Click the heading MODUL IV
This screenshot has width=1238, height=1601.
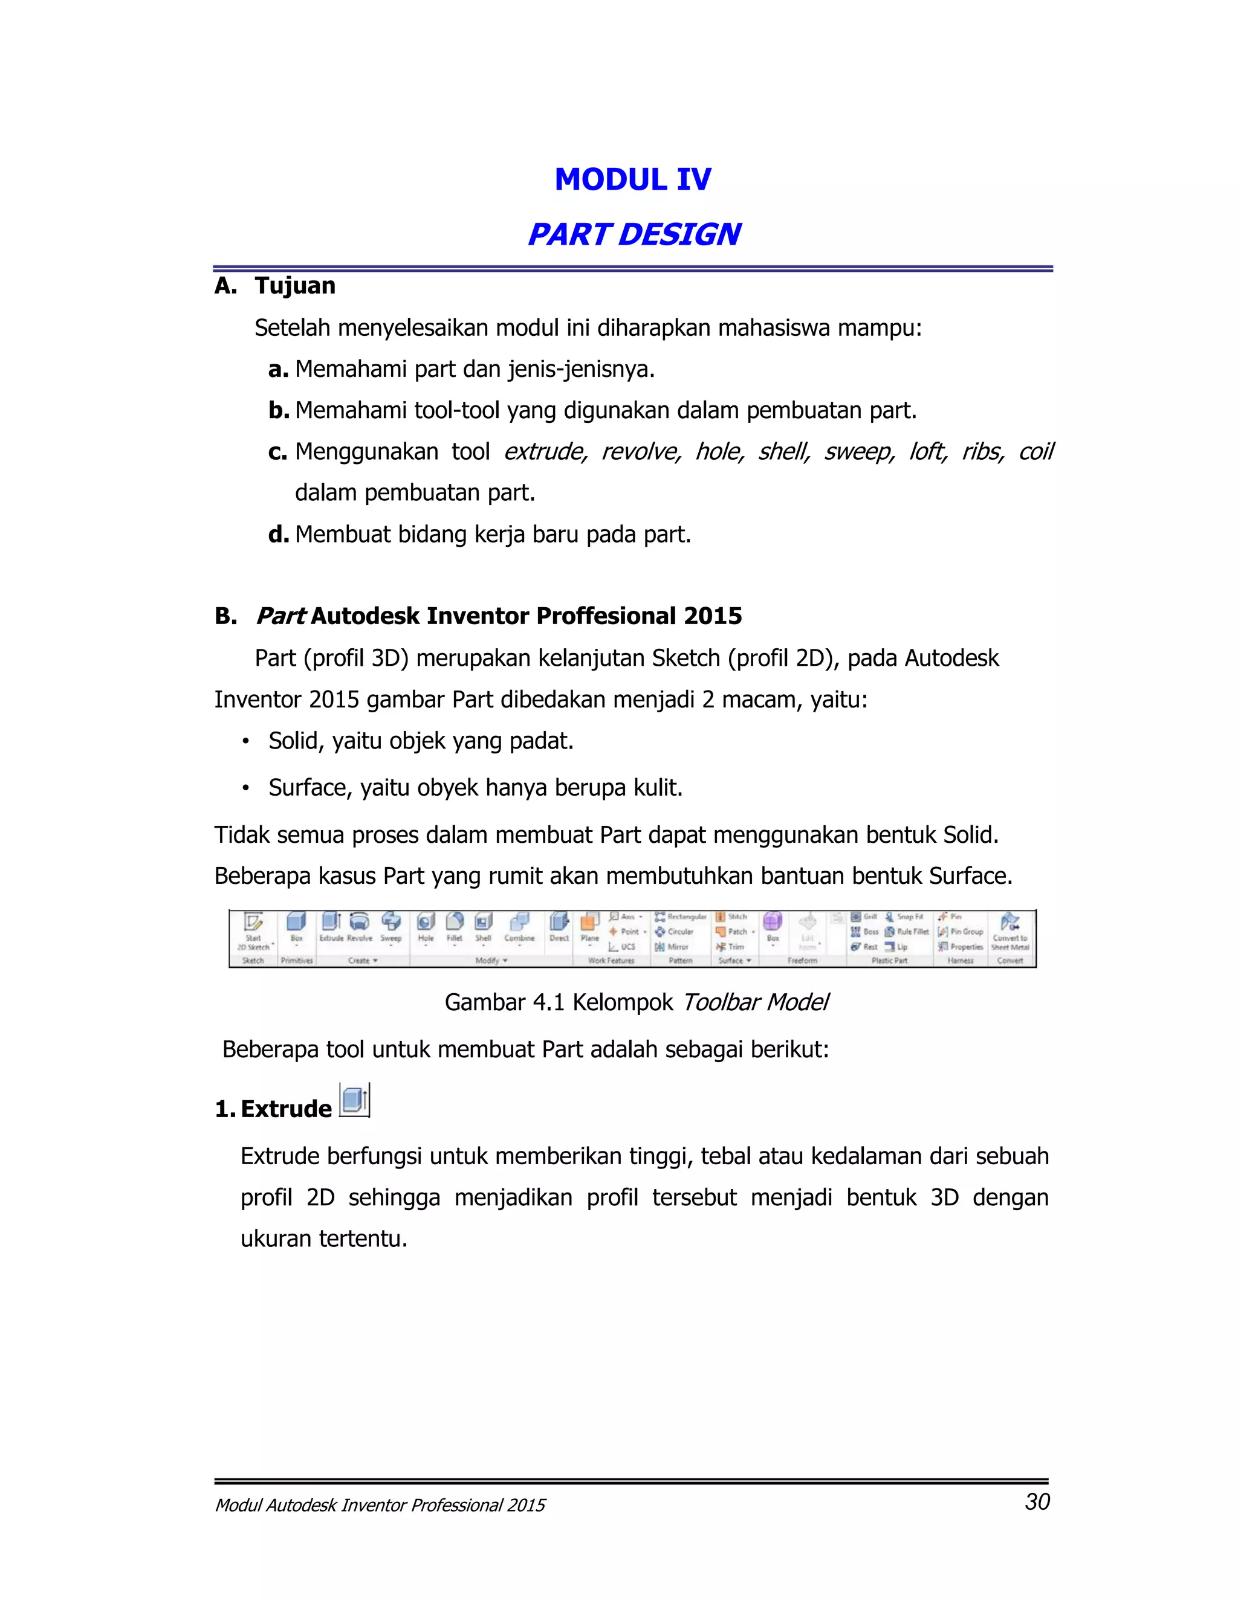click(632, 179)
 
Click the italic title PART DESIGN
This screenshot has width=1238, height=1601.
click(634, 234)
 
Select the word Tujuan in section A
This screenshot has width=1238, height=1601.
click(295, 286)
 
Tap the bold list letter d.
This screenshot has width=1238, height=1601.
click(278, 535)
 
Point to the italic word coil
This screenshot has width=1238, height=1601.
click(1035, 451)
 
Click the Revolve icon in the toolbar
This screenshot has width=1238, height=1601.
click(360, 921)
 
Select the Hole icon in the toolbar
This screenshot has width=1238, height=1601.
click(426, 921)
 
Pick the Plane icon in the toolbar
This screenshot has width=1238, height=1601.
click(589, 921)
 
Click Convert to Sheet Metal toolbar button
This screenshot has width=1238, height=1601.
click(1010, 923)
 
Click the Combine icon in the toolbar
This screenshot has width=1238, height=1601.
click(519, 921)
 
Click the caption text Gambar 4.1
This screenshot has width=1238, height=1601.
click(504, 1002)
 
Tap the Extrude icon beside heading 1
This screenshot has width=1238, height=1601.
click(355, 1100)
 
